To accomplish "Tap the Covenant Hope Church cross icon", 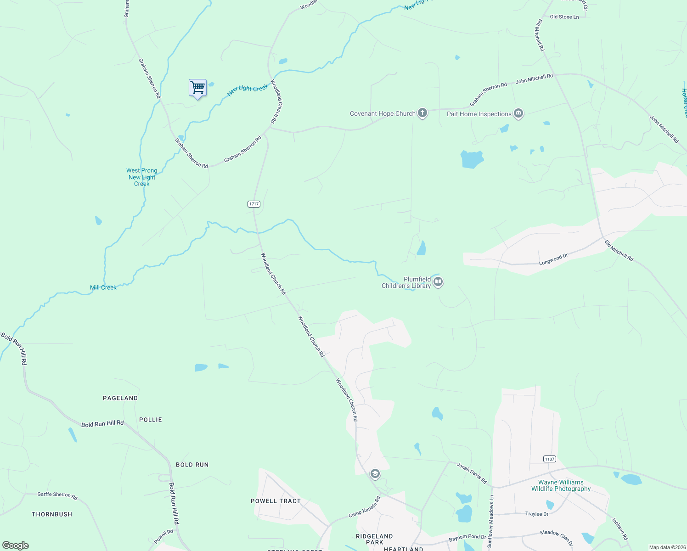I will coord(422,113).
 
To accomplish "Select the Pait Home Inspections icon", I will coord(518,113).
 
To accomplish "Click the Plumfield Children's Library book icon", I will coord(438,282).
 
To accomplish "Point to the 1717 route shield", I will coord(254,204).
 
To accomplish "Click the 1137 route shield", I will coord(549,459).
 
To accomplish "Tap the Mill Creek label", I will coord(103,287).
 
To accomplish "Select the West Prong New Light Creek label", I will coord(142,177).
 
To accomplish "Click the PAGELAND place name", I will coord(120,398).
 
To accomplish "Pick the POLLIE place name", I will coord(151,420).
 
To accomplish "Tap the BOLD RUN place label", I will coord(192,465).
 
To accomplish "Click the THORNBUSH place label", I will coord(52,514).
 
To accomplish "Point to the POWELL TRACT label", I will coord(276,501).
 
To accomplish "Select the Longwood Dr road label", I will coord(553,259).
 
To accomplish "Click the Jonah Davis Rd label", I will coord(472,473).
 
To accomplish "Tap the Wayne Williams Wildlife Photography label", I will coord(561,485).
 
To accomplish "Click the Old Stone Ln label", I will coord(564,17).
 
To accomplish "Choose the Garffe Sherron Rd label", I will coord(57,495).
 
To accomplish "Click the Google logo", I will coord(16,545).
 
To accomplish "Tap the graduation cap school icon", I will coord(375,474).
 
